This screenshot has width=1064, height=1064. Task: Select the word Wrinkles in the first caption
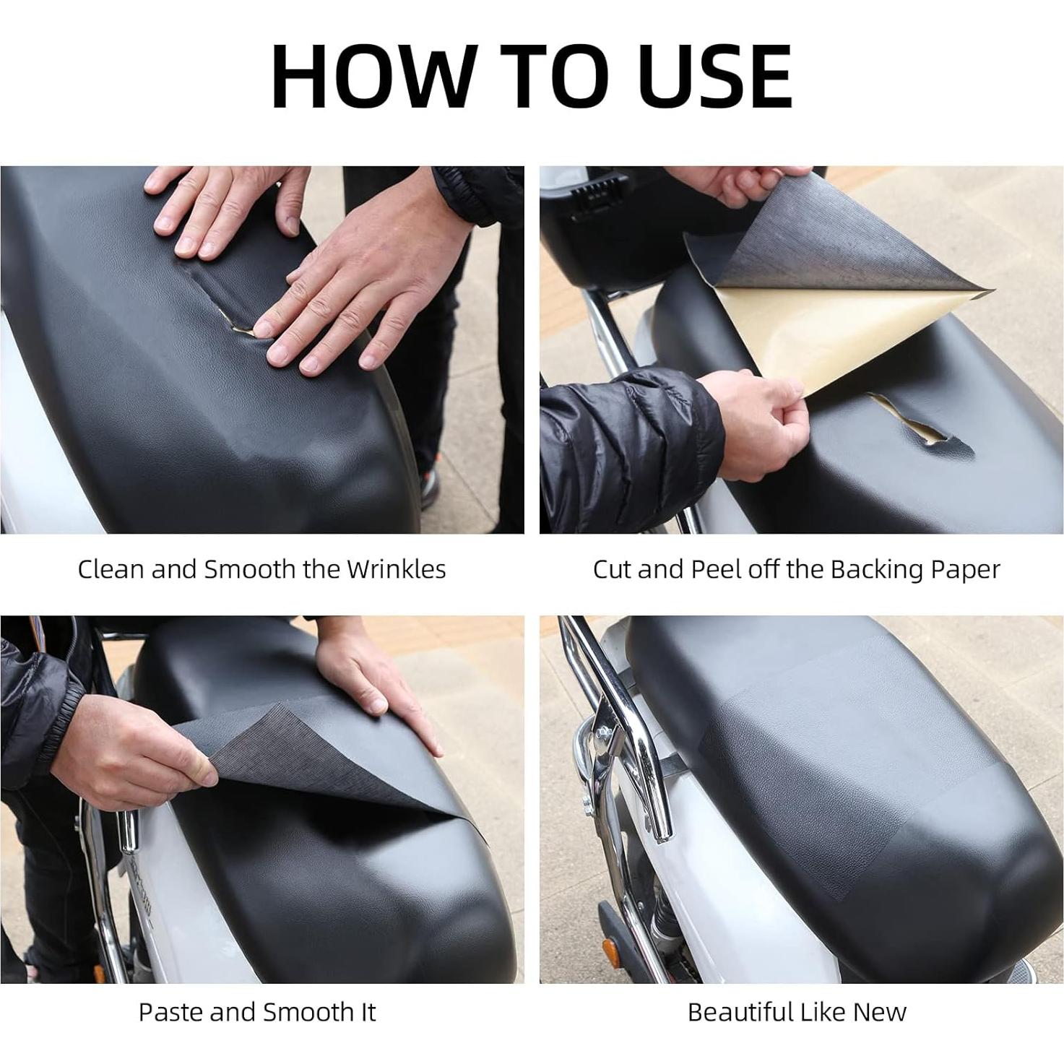pyautogui.click(x=396, y=569)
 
